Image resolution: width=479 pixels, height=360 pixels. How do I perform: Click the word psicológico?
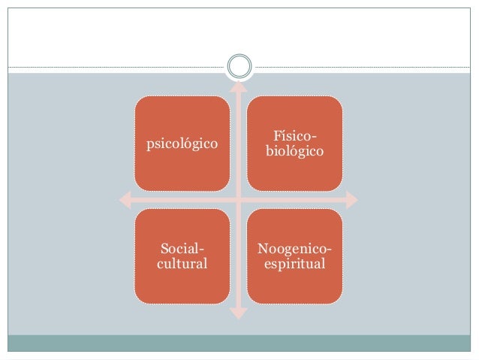[x=182, y=143]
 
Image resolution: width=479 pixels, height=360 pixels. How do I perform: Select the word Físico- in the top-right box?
[x=294, y=136]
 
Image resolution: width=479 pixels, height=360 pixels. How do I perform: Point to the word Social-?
[x=182, y=249]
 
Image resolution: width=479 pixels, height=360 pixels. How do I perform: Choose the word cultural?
[x=182, y=264]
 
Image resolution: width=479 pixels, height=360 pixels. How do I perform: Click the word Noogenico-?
[x=294, y=249]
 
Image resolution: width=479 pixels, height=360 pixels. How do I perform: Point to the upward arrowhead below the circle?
[x=238, y=86]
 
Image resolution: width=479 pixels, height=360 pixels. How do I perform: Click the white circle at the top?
[x=239, y=65]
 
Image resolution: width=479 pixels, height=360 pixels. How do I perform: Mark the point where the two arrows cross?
[x=238, y=200]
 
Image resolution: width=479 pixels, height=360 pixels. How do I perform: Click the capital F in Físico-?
[x=276, y=136]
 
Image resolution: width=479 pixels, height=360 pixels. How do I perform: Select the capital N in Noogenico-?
[x=262, y=249]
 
